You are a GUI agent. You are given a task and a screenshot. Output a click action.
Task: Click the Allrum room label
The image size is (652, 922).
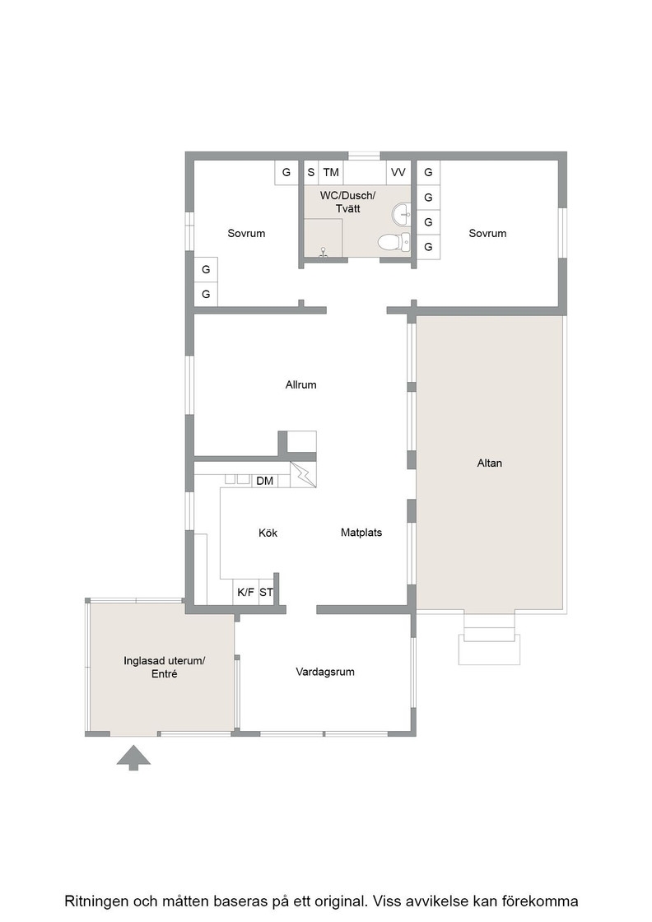point(300,384)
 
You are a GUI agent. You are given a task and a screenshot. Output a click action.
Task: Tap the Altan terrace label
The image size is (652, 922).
point(489,463)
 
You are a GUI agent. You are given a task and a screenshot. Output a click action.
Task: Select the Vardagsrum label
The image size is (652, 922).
point(325,672)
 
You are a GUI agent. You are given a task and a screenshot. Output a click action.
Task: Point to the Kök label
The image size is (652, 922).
point(268,533)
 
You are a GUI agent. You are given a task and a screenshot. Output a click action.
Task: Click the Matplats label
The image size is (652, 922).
point(361,532)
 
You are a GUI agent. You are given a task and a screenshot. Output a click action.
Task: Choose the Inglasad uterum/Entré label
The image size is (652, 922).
point(164,668)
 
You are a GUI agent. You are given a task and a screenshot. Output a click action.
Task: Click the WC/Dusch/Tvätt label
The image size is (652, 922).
point(347,202)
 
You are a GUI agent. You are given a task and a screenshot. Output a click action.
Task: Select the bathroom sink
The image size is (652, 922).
point(401,214)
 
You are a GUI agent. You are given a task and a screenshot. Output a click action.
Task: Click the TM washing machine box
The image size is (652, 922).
point(331,172)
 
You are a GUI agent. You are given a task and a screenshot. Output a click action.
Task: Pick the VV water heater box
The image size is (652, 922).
point(398,172)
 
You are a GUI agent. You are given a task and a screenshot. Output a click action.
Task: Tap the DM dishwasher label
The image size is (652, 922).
point(264,481)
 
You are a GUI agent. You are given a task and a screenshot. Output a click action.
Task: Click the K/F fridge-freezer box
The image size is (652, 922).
point(246,592)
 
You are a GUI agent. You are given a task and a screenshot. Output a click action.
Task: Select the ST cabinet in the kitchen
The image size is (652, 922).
point(267,592)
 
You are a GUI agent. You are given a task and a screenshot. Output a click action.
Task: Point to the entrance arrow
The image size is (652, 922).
point(133,757)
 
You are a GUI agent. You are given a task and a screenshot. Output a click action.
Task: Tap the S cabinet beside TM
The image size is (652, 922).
point(311,172)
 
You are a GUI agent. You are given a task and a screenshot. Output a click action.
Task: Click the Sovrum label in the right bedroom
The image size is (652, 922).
point(487,234)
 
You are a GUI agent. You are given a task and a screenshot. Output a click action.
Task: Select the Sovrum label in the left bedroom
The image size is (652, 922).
point(246,234)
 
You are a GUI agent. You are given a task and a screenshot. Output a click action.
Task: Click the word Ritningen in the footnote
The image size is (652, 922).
point(96,901)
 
